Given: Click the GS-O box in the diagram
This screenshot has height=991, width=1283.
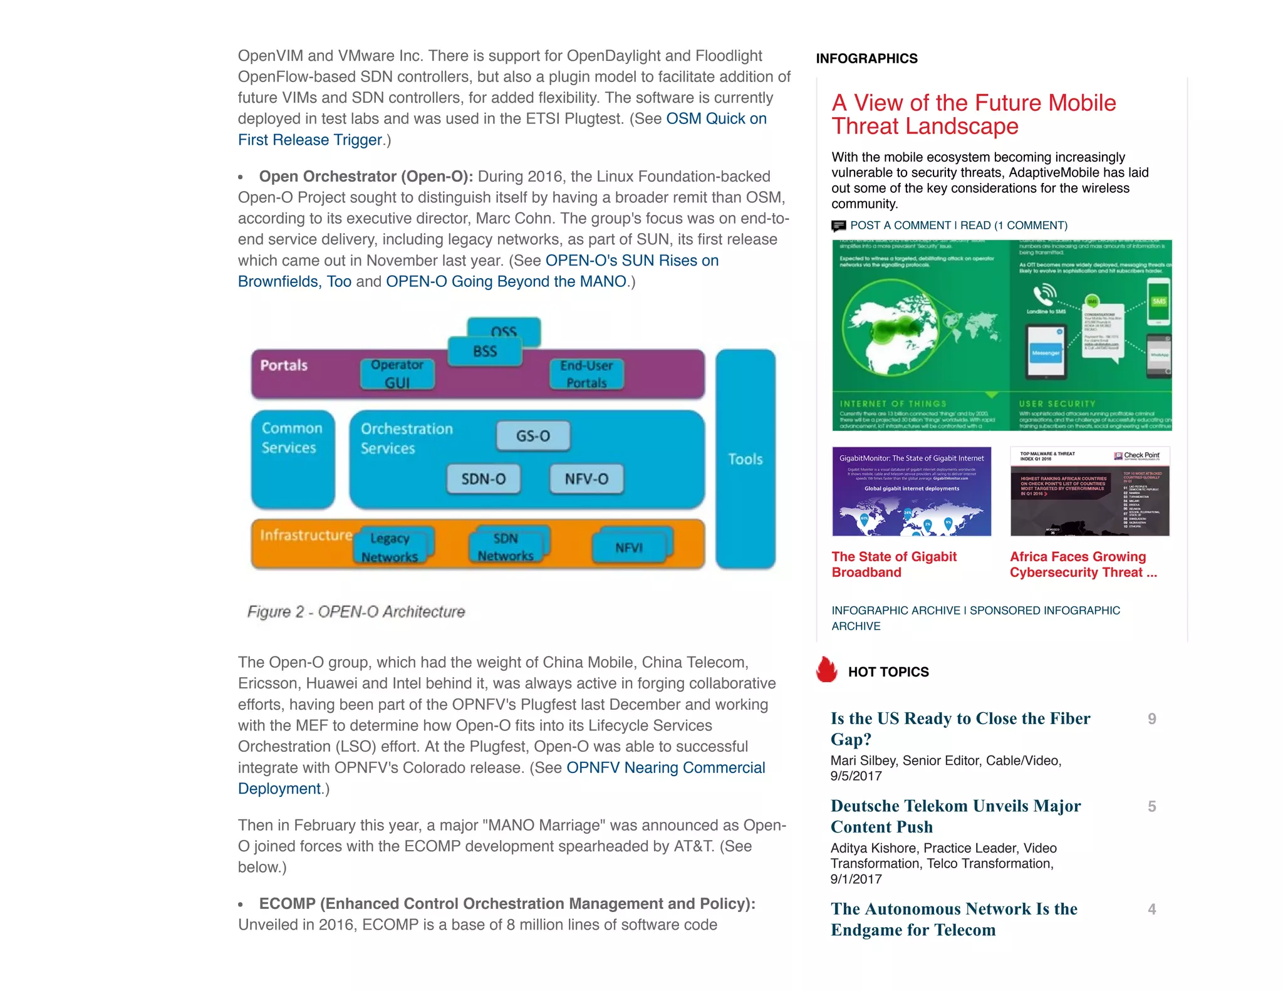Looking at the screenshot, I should (x=533, y=436).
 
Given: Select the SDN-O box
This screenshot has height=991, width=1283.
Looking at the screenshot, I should (x=483, y=479).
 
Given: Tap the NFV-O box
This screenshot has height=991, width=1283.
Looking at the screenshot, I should (x=586, y=479).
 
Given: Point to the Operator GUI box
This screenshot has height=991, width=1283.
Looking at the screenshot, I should (x=397, y=374).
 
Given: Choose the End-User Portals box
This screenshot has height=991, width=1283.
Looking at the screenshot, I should (x=586, y=374).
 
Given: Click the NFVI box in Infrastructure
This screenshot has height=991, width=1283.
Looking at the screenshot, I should (x=629, y=547).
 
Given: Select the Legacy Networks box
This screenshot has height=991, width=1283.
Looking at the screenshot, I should (x=390, y=547).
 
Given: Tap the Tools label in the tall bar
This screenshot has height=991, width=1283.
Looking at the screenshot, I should (x=745, y=459).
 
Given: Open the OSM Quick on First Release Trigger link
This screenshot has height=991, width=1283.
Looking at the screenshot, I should (x=715, y=119).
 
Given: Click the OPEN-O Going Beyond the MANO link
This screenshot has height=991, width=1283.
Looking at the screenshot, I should (x=506, y=282).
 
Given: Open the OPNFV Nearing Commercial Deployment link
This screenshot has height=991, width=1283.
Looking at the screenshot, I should (x=665, y=768).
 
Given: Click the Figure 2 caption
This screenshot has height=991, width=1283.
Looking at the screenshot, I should (x=356, y=612).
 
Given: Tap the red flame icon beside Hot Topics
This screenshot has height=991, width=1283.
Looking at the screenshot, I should (x=826, y=670).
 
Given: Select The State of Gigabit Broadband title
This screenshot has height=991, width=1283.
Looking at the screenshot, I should (x=893, y=564).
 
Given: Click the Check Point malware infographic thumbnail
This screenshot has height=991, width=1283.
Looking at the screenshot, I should (x=1089, y=491).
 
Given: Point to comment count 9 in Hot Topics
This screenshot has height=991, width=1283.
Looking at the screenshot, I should (x=1151, y=719).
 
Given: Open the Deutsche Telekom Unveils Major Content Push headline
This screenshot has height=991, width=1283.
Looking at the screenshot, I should (x=955, y=816).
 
